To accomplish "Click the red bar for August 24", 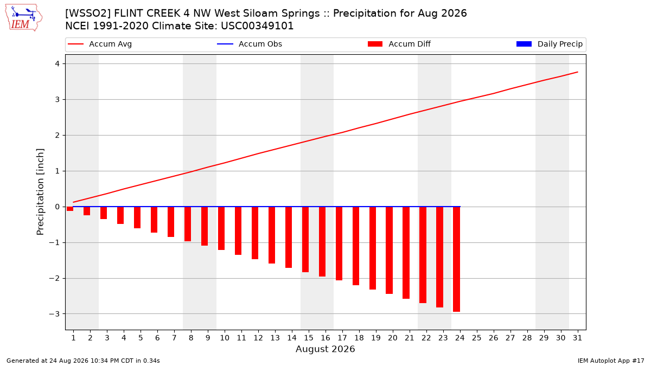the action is (457, 259).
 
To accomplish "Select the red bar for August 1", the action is (70, 209).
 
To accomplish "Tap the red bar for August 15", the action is (305, 239).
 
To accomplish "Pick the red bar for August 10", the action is (221, 228).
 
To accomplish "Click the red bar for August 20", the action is (389, 251).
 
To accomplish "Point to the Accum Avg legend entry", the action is (100, 44).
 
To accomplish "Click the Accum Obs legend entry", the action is (250, 44).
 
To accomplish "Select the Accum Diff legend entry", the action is (399, 44).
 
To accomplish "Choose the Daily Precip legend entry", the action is (549, 44).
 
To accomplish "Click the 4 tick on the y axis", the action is (58, 63).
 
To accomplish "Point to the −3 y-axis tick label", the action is (54, 314).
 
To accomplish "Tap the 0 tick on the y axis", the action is (58, 207).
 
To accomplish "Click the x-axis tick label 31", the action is (577, 338).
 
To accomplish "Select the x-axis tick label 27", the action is (510, 338).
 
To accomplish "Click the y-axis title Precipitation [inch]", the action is (40, 192).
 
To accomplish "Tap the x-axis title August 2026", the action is (325, 349).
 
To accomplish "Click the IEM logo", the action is (23, 18).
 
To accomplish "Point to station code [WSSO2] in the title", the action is (87, 14).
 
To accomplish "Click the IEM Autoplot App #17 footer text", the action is (611, 361).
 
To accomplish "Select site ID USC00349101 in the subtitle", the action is (257, 26).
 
